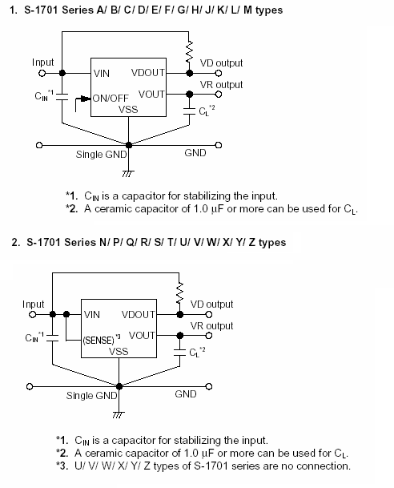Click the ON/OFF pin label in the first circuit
coord(111,99)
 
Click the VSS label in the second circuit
coord(119,352)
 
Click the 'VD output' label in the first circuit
coord(221,63)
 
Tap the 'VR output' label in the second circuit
coord(211,326)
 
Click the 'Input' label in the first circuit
coord(43,62)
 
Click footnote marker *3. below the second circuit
coord(62,466)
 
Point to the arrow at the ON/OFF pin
coord(80,100)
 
